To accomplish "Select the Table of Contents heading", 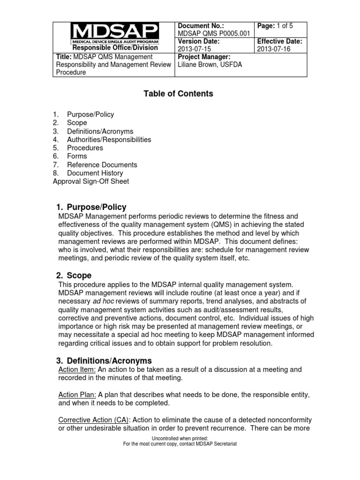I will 178,94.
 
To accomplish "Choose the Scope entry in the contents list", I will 77,123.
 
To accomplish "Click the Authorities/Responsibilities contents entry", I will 109,140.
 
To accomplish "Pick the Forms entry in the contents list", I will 77,156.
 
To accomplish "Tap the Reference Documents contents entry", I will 102,165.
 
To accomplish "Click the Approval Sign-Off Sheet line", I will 90,181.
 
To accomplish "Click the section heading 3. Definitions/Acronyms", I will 104,360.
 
